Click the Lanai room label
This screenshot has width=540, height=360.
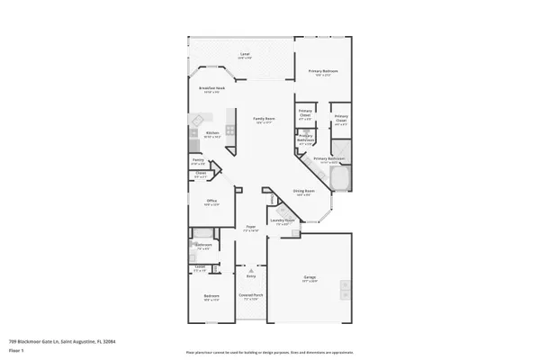pyautogui.click(x=245, y=55)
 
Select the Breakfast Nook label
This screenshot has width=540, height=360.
pyautogui.click(x=212, y=89)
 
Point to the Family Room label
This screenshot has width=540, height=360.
pyautogui.click(x=264, y=120)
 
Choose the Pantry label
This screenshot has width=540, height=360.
pyautogui.click(x=198, y=163)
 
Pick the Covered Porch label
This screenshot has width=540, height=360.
pyautogui.click(x=250, y=296)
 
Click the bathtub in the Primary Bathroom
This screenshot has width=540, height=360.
pyautogui.click(x=340, y=183)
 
